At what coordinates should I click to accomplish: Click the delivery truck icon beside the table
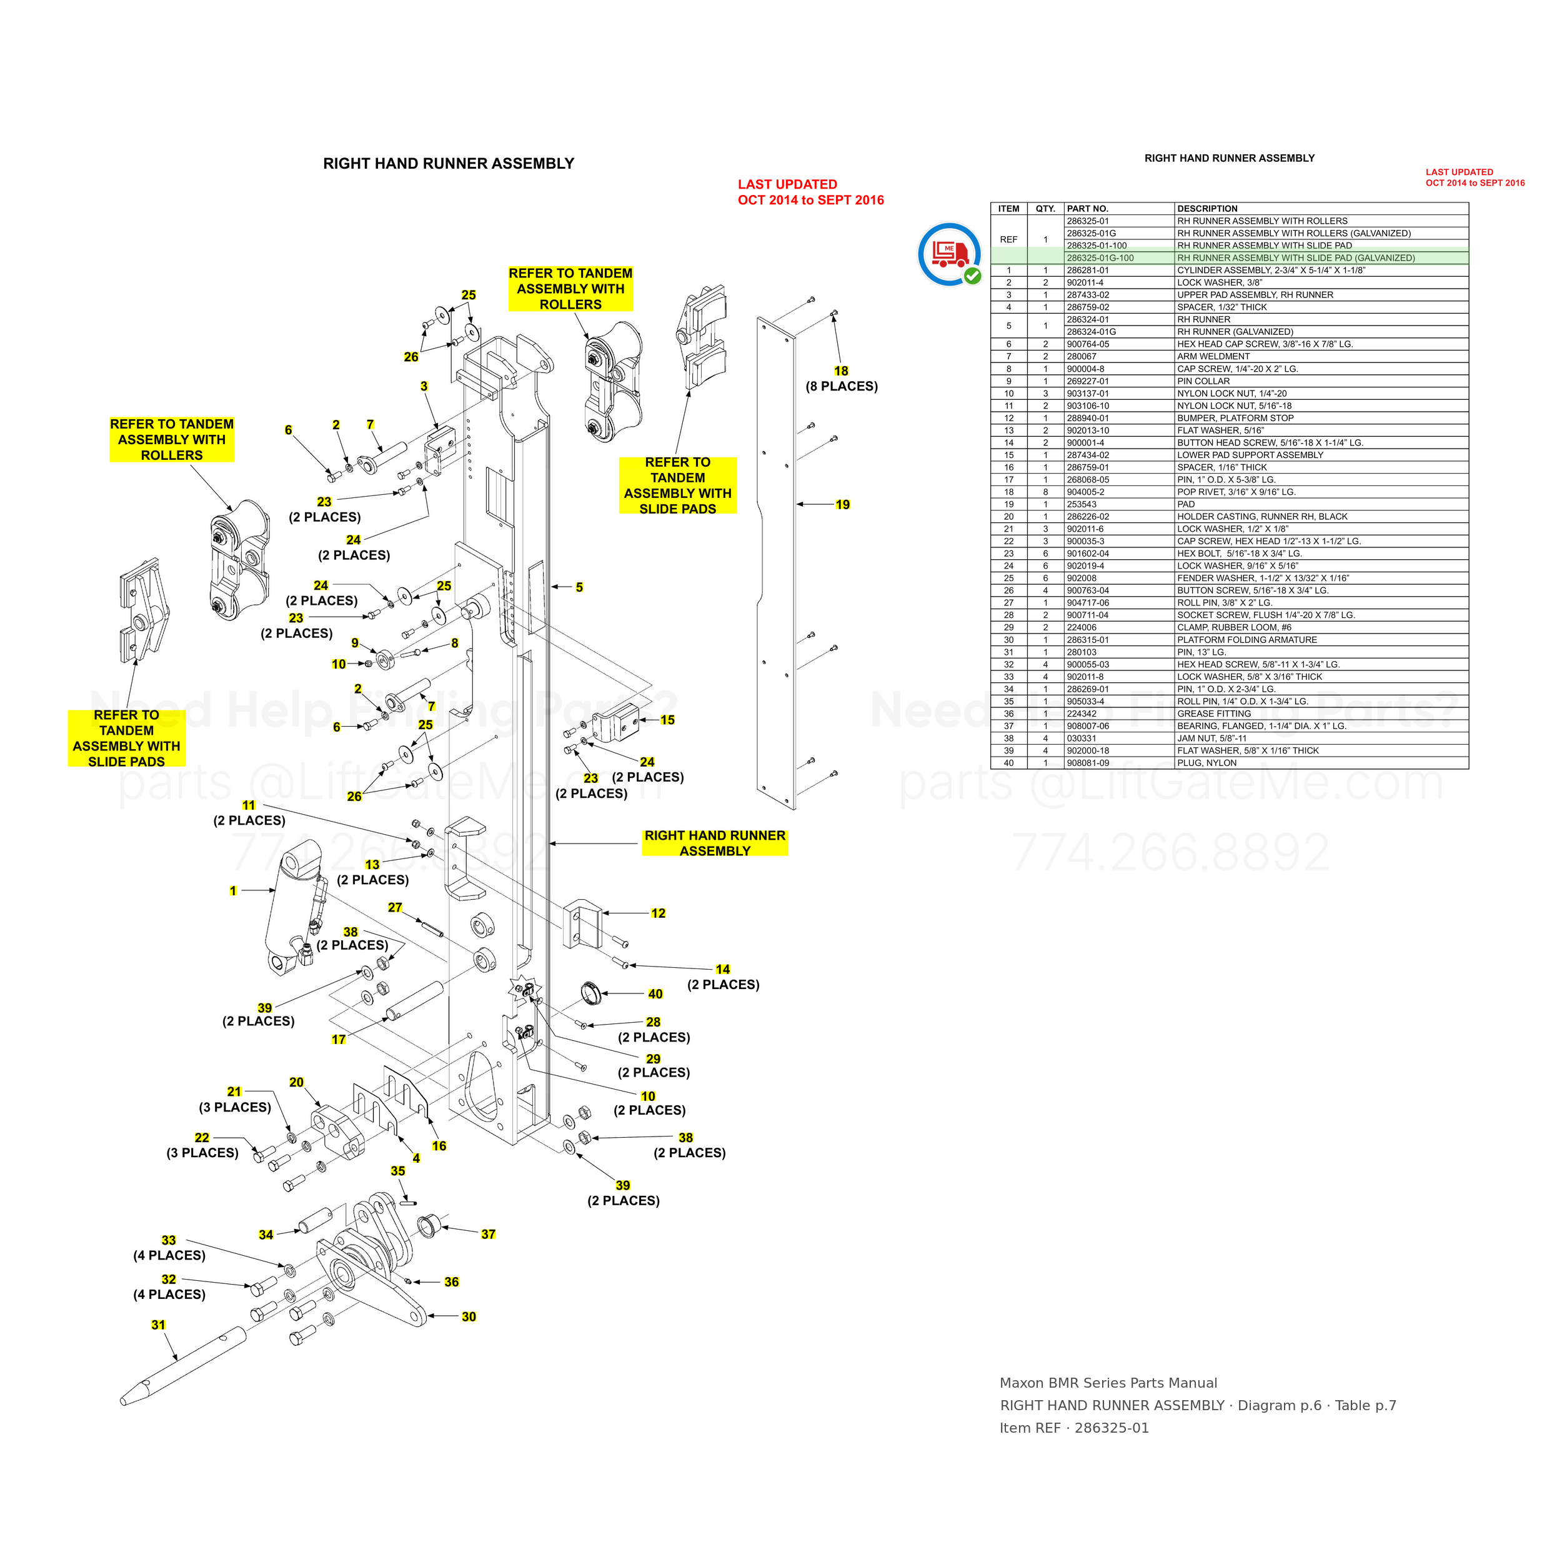950,254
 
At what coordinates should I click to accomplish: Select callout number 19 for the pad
842,504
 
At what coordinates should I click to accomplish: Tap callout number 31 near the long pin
159,1325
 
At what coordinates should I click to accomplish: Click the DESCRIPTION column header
1207,209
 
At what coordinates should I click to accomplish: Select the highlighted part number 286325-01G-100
1100,258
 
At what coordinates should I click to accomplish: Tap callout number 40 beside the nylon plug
655,993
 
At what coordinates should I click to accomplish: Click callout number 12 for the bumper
658,913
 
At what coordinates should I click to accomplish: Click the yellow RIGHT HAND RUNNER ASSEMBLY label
715,842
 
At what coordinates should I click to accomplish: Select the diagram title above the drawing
449,163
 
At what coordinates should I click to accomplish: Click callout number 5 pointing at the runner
579,587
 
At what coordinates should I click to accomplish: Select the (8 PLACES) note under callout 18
842,387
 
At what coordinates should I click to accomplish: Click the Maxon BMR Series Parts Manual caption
1108,1383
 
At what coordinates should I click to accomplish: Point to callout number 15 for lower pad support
667,720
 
